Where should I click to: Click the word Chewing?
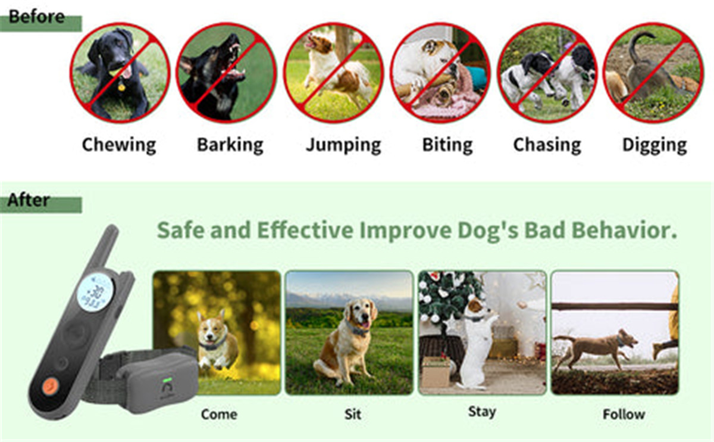(x=119, y=145)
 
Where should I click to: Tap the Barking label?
(x=230, y=145)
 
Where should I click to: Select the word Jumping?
(x=343, y=145)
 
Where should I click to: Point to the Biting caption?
(x=447, y=145)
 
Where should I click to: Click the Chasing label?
(x=547, y=145)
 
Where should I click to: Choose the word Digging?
(x=654, y=145)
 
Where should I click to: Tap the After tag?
(x=29, y=200)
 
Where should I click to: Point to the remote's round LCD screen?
(x=95, y=292)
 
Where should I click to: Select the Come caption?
(x=218, y=414)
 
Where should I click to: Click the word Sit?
(x=352, y=414)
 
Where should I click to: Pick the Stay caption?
(x=481, y=412)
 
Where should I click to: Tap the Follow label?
(x=624, y=414)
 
